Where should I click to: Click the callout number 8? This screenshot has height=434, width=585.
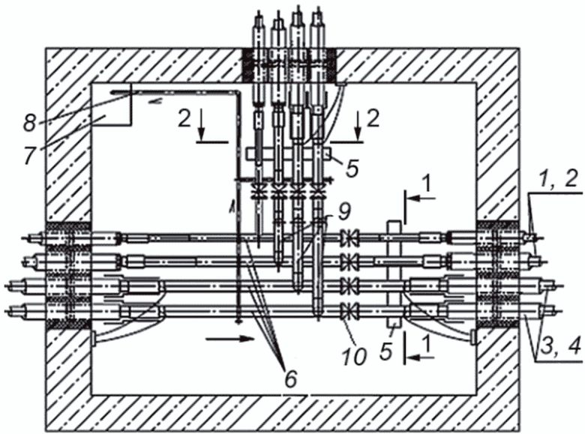click(29, 122)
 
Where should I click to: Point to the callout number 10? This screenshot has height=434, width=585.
click(355, 356)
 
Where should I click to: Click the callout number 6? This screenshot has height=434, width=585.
click(291, 379)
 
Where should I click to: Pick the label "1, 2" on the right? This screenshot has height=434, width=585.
click(553, 182)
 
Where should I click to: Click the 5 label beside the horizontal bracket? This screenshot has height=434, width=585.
click(352, 168)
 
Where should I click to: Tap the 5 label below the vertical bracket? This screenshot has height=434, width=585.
click(386, 352)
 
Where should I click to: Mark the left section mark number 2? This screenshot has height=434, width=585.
click(184, 120)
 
